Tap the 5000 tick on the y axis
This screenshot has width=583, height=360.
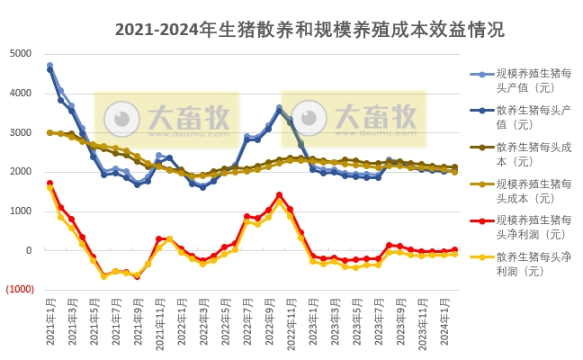click(x=21, y=53)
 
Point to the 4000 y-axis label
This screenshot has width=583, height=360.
click(x=21, y=93)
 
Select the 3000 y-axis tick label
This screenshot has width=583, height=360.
click(x=21, y=132)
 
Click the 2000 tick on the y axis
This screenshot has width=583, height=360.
click(x=21, y=172)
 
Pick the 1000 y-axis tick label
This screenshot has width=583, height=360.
click(x=21, y=211)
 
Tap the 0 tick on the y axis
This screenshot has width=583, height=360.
click(x=30, y=251)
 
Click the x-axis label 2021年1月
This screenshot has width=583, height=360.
click(x=50, y=323)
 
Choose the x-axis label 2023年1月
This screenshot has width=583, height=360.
click(x=312, y=323)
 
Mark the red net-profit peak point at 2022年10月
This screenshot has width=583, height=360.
click(x=279, y=194)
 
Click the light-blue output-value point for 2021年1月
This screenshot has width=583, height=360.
click(x=49, y=66)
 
